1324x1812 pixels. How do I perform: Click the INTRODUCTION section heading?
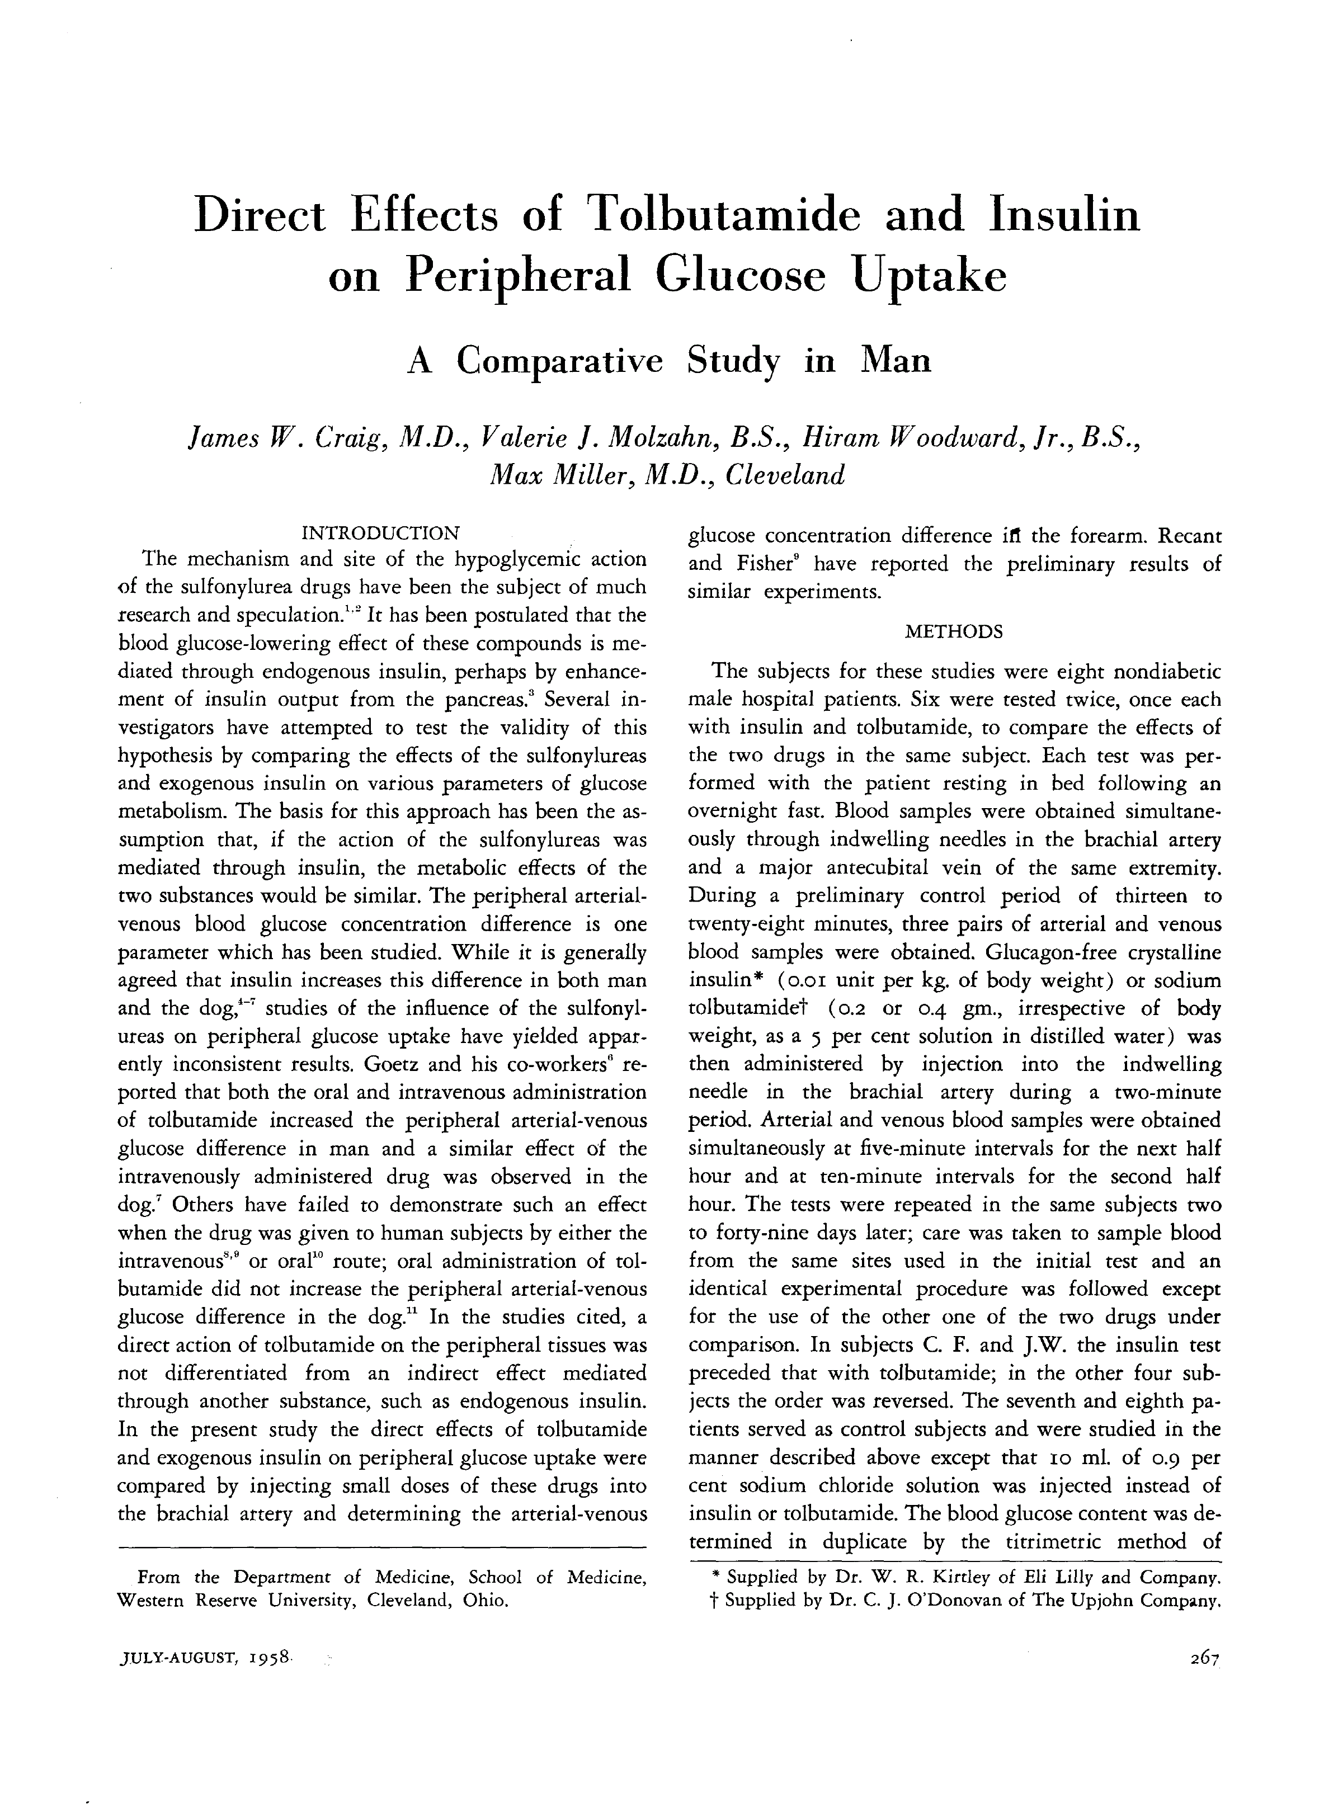coord(380,533)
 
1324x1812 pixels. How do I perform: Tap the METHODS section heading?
coord(954,631)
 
